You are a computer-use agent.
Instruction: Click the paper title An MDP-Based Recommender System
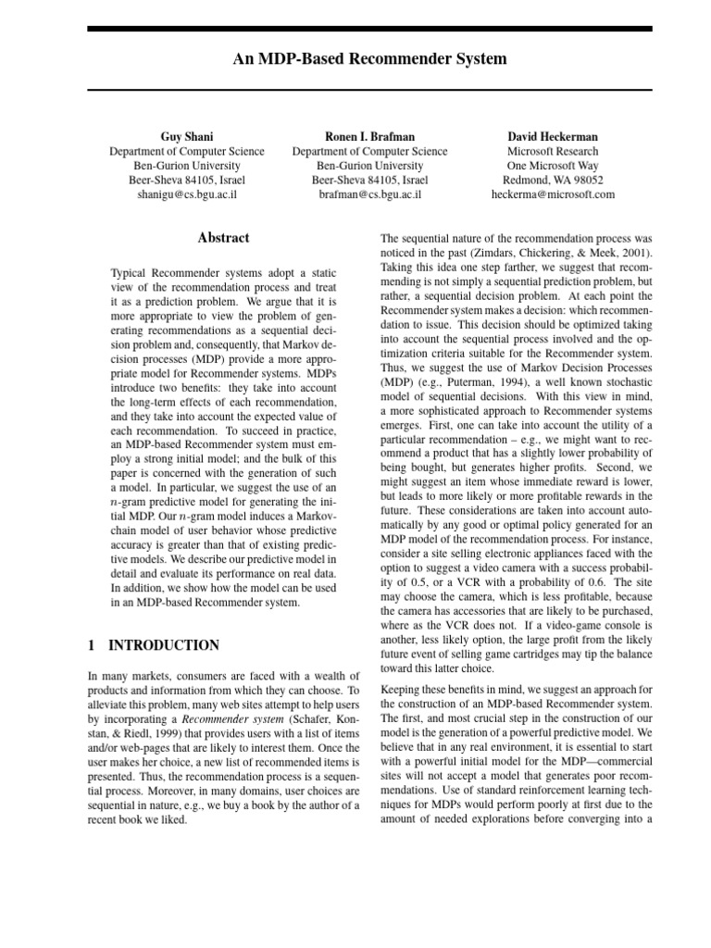[369, 59]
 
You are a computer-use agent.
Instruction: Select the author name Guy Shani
[187, 136]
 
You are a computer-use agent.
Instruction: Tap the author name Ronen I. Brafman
[369, 136]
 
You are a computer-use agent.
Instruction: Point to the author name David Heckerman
[553, 136]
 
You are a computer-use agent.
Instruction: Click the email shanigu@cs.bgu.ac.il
[187, 195]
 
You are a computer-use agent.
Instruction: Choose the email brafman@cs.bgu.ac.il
[369, 195]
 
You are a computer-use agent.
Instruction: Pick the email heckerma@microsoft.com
[553, 195]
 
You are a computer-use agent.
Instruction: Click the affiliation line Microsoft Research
[553, 151]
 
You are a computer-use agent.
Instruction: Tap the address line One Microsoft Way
[553, 166]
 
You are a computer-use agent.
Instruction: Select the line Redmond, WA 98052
[553, 181]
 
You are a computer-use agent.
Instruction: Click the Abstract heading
[223, 238]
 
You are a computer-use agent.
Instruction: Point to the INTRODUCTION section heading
[164, 645]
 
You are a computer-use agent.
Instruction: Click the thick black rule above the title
[369, 30]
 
